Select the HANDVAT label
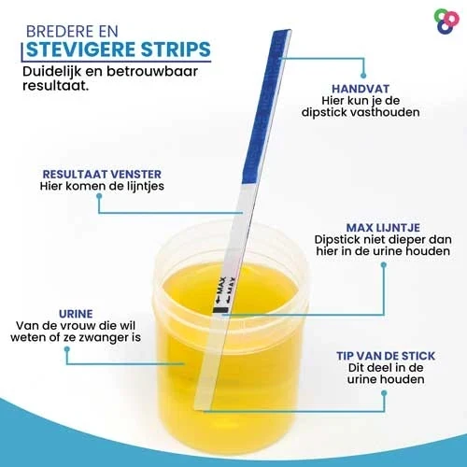(x=361, y=89)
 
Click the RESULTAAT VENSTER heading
(x=102, y=174)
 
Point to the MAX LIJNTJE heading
(x=383, y=228)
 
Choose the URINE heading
(x=76, y=314)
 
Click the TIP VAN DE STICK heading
(x=386, y=356)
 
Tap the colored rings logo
(x=446, y=21)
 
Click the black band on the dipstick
(x=220, y=310)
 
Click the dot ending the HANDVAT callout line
(x=363, y=76)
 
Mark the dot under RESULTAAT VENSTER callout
(x=99, y=196)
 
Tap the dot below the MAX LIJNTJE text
(x=384, y=265)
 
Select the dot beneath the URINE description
(x=66, y=349)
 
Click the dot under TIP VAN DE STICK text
(x=384, y=393)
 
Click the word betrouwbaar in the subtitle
(x=152, y=71)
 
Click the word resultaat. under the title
(x=56, y=86)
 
